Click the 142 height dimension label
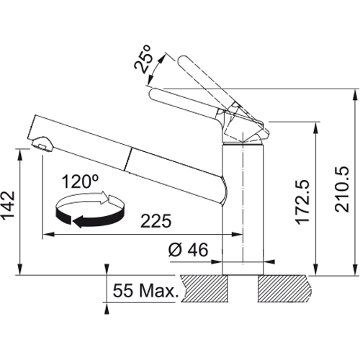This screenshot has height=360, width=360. pos(8,206)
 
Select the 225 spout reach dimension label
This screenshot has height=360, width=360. pos(156,221)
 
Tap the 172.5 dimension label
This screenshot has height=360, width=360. pos(303,202)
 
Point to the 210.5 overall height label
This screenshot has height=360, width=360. pos(341,189)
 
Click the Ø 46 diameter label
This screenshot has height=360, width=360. pos(188,250)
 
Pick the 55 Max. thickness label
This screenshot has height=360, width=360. pos(145,290)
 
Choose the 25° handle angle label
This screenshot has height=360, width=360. pos(143,59)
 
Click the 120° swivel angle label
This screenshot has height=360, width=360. pos(80,181)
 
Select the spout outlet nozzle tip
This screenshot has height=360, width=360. pos(42,144)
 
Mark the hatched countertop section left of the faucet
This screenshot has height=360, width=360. pos(204,289)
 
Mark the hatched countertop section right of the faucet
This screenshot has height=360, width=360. pos(285,289)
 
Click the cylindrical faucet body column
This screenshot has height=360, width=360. pos(243,209)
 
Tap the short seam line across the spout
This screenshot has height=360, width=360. pos(128,160)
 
